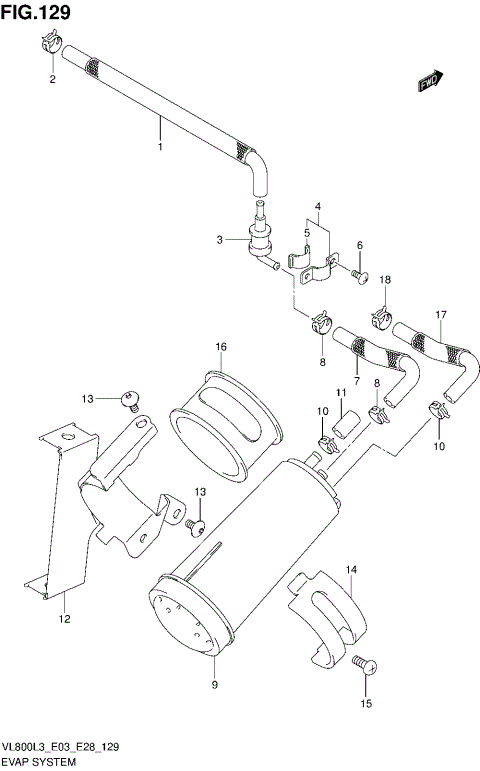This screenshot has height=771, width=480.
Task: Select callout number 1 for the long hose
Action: point(159,148)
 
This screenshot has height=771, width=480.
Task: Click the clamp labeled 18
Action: point(381,318)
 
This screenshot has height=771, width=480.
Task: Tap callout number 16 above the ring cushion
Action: point(221,347)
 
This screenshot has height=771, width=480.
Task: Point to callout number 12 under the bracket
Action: point(63,620)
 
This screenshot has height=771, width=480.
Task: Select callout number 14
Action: point(351,570)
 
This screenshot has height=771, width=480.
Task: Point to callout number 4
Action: point(317,208)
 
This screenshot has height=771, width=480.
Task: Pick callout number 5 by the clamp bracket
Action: point(307,233)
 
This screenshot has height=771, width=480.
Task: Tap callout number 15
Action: point(364,704)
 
